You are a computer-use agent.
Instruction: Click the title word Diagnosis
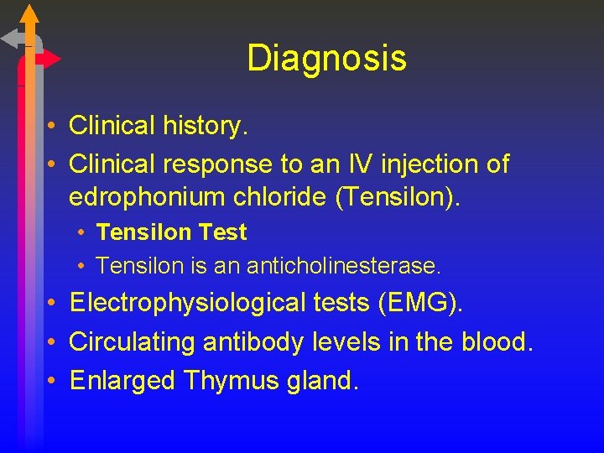click(326, 59)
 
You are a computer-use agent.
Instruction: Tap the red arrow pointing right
click(49, 60)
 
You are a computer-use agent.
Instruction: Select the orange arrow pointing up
click(29, 14)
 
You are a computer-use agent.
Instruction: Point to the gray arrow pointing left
click(13, 38)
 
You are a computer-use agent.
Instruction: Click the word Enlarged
click(122, 381)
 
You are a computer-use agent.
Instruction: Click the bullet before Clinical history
click(52, 127)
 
